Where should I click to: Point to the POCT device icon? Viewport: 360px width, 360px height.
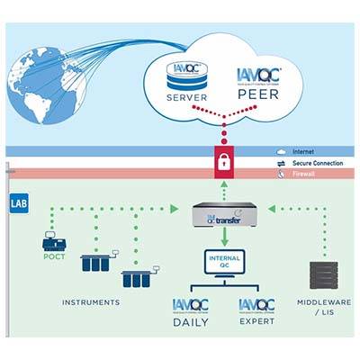(x=56, y=240)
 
